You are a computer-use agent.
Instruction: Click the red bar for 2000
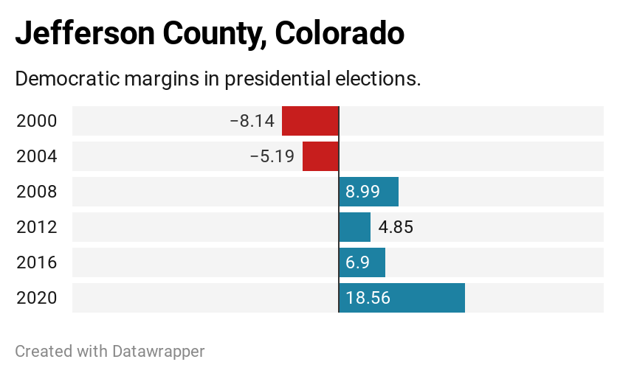coord(310,121)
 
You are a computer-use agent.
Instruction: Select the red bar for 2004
coord(320,156)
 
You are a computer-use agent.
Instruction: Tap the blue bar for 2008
coord(369,192)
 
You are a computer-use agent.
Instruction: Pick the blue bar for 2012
coord(355,227)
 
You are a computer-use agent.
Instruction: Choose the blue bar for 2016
coord(362,262)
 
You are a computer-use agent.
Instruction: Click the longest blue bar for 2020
coord(402,298)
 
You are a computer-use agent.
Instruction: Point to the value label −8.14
coord(252,121)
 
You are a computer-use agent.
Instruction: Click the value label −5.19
coord(272,156)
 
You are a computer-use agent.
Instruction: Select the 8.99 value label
coord(362,192)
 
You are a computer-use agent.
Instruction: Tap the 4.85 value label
coord(396,227)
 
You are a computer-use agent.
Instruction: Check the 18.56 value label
coord(368,298)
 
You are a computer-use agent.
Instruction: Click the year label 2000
coord(36,121)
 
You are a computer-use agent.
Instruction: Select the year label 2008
coord(36,192)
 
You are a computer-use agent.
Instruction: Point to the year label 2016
coord(36,262)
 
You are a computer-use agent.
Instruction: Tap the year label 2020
coord(36,298)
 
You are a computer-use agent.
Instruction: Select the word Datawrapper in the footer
coord(158,351)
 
